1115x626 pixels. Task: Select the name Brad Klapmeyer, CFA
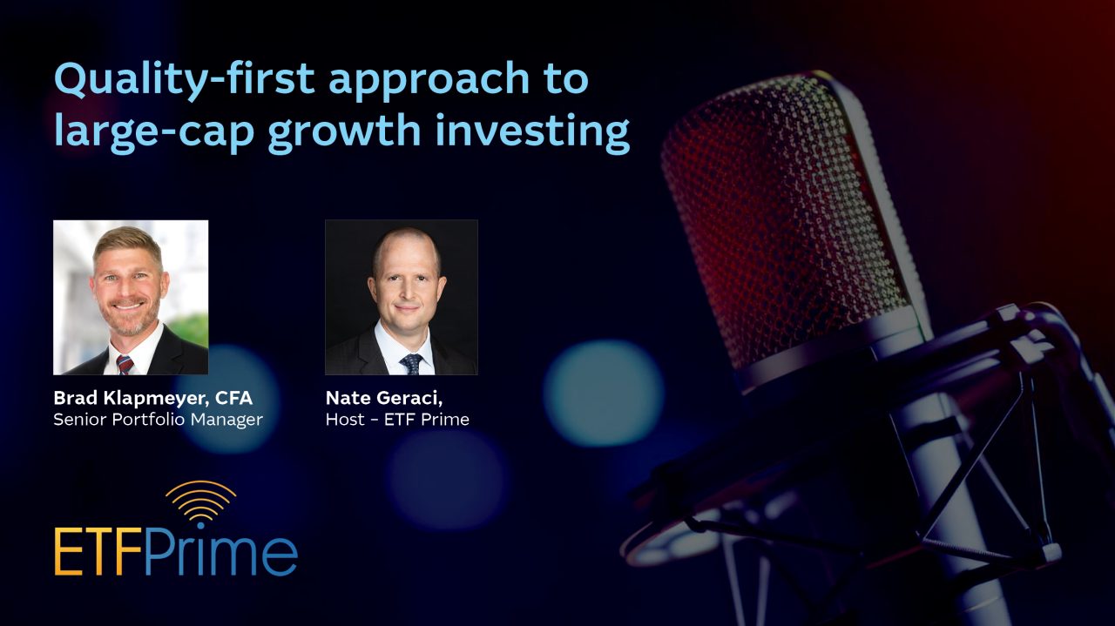click(x=152, y=398)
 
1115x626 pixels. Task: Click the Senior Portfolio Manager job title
click(x=158, y=420)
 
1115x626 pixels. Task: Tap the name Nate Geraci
click(x=384, y=398)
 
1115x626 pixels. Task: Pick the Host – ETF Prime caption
click(x=397, y=420)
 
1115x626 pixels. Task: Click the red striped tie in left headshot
click(x=125, y=365)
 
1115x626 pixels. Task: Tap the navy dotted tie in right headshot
click(x=412, y=364)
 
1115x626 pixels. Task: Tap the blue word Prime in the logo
click(x=221, y=552)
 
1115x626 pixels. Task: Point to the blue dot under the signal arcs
click(x=200, y=526)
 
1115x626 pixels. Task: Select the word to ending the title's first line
click(x=566, y=78)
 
